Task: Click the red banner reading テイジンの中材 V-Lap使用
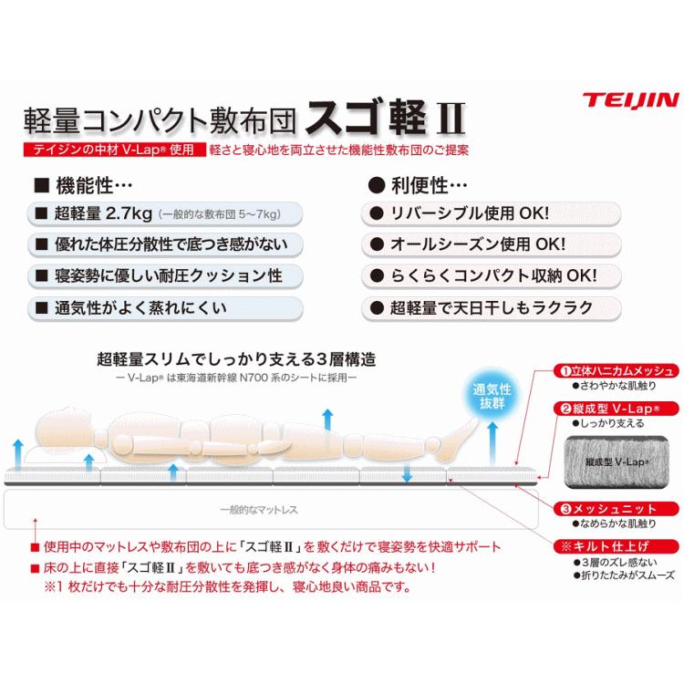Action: pyautogui.click(x=109, y=147)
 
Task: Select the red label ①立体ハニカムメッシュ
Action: pyautogui.click(x=617, y=371)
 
